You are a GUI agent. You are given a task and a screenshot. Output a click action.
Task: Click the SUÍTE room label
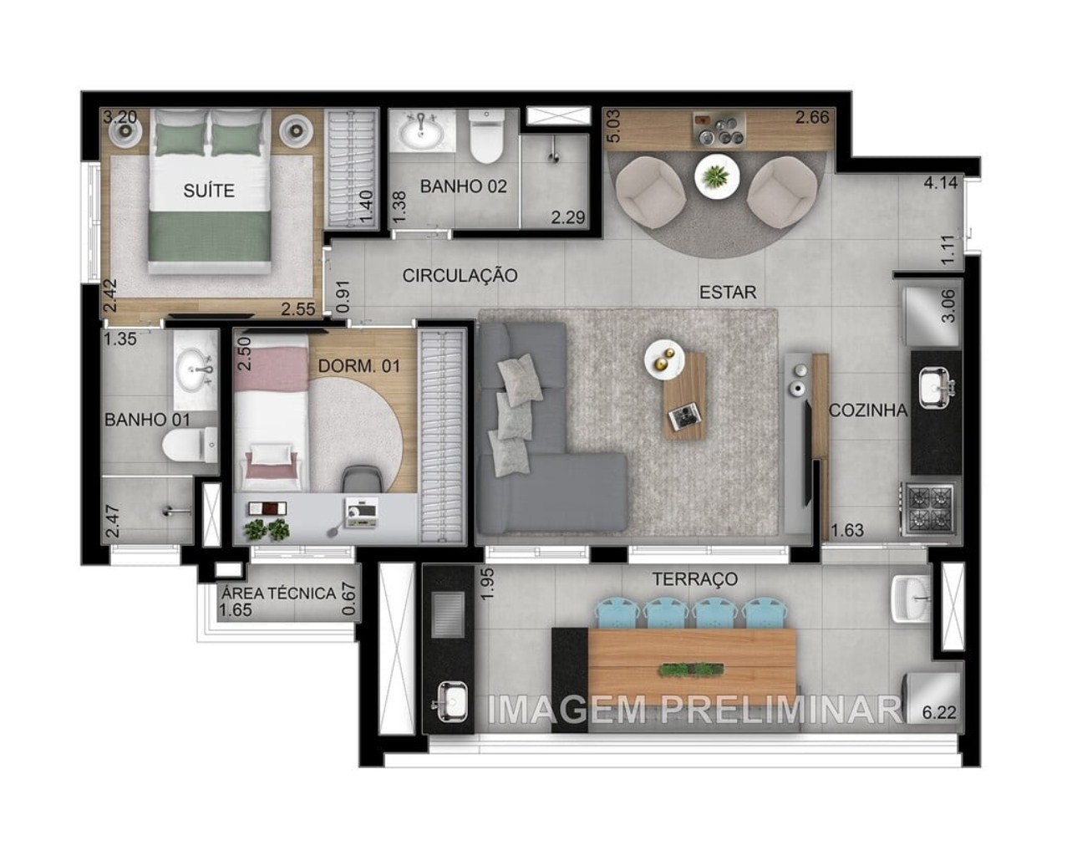(209, 191)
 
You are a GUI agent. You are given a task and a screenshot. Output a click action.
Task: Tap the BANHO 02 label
(463, 186)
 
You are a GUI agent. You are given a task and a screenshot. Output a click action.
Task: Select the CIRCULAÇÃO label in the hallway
(460, 275)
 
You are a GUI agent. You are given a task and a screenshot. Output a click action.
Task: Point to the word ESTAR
(728, 292)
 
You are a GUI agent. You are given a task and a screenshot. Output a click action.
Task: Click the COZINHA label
(868, 410)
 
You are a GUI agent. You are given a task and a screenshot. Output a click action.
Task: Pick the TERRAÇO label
(694, 578)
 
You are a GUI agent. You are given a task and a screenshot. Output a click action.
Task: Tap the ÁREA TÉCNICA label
(277, 594)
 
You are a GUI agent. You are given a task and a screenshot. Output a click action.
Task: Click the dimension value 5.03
(613, 126)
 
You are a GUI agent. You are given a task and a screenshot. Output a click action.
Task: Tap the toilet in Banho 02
(485, 138)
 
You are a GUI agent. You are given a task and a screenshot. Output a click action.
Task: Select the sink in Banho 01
(196, 369)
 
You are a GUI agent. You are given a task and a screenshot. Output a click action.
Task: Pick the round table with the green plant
(715, 176)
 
